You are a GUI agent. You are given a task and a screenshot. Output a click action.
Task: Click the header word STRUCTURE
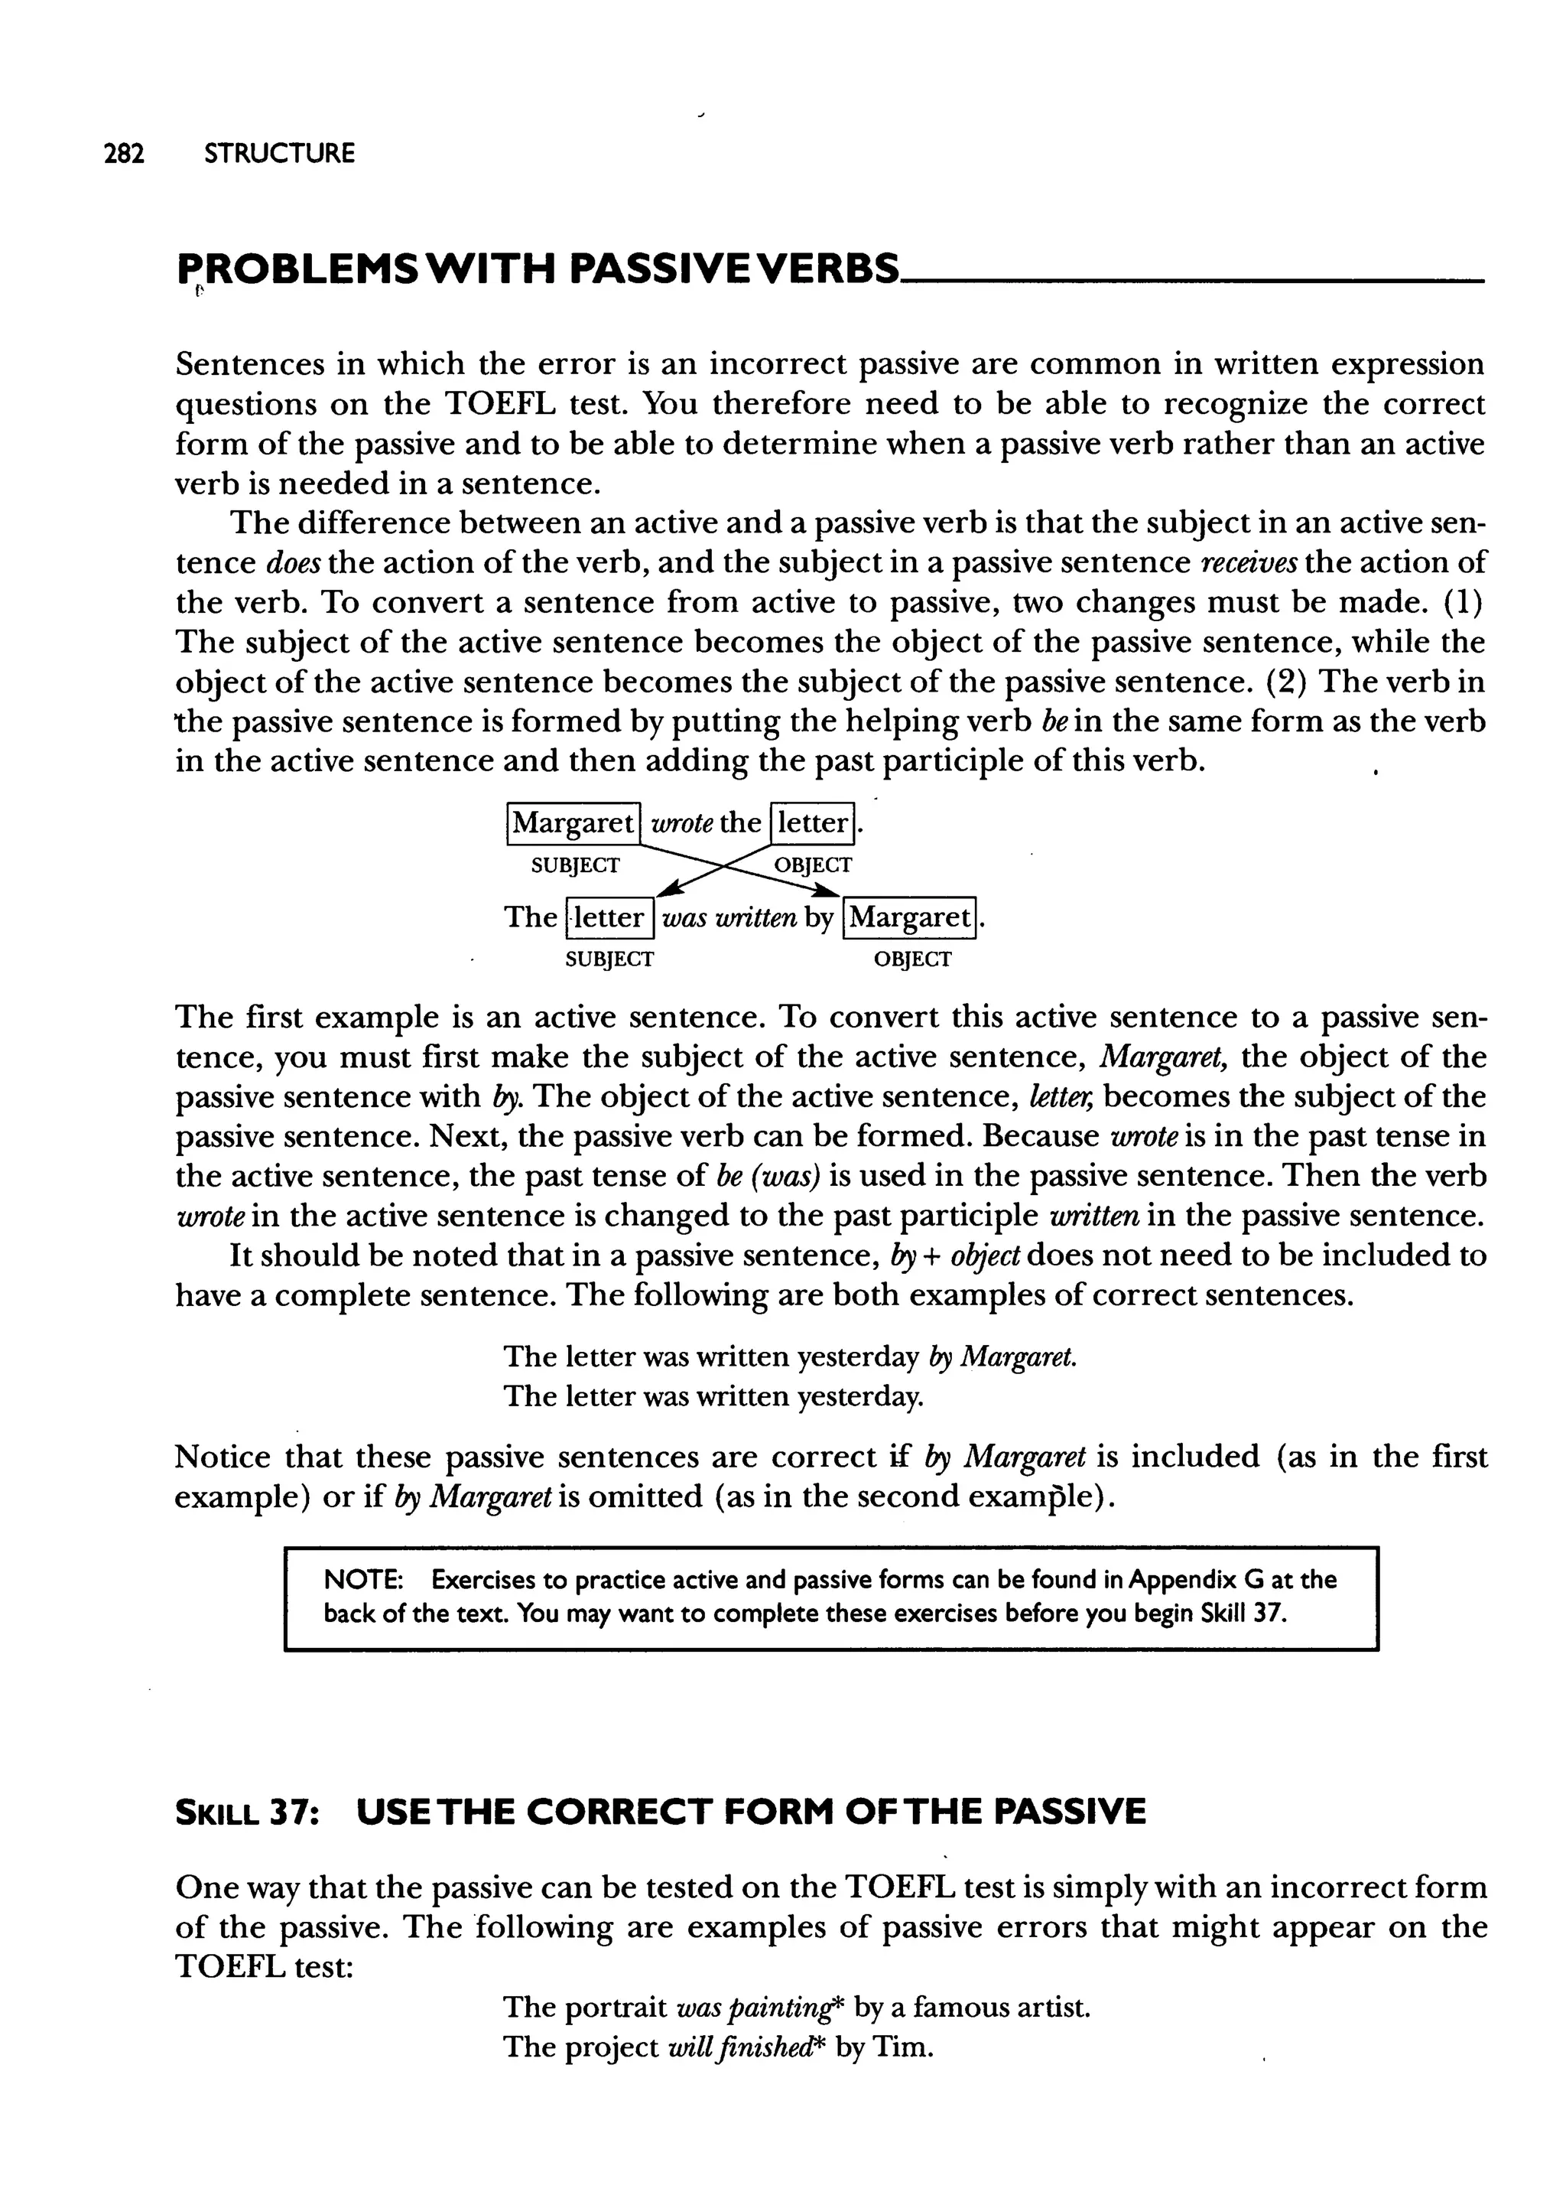point(280,153)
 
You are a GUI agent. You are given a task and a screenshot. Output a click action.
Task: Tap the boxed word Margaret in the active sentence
point(573,822)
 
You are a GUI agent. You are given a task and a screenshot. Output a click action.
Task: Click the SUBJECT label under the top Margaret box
point(576,865)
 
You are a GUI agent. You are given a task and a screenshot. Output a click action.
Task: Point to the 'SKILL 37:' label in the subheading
point(247,1812)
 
